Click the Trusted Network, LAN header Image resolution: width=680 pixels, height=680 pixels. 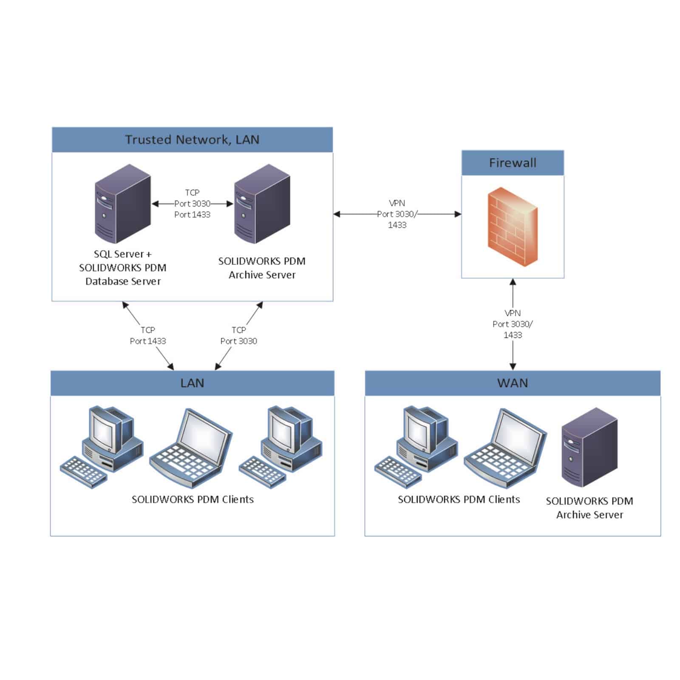click(x=192, y=140)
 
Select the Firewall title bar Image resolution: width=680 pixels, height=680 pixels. click(x=513, y=163)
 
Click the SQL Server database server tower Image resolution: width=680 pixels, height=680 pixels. click(x=122, y=204)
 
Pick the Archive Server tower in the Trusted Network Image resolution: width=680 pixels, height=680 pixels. click(x=262, y=204)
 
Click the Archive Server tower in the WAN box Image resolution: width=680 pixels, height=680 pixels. click(x=589, y=447)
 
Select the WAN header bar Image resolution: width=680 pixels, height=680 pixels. click(x=513, y=383)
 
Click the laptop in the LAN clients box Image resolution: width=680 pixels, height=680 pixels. click(x=191, y=448)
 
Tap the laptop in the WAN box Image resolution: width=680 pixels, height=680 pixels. click(x=505, y=448)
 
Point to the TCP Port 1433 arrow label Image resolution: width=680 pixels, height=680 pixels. click(x=148, y=336)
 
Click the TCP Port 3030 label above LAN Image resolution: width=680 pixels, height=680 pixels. click(x=238, y=336)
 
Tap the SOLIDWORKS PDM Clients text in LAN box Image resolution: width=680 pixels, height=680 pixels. click(x=193, y=500)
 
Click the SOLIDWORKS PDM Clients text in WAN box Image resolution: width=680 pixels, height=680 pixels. click(x=459, y=500)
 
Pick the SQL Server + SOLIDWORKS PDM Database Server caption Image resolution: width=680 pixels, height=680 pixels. click(x=123, y=268)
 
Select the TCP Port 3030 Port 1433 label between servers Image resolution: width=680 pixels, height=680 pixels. click(x=192, y=204)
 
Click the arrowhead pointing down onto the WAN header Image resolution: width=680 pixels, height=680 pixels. click(x=513, y=367)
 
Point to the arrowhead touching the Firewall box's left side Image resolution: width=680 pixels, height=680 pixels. click(x=458, y=214)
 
